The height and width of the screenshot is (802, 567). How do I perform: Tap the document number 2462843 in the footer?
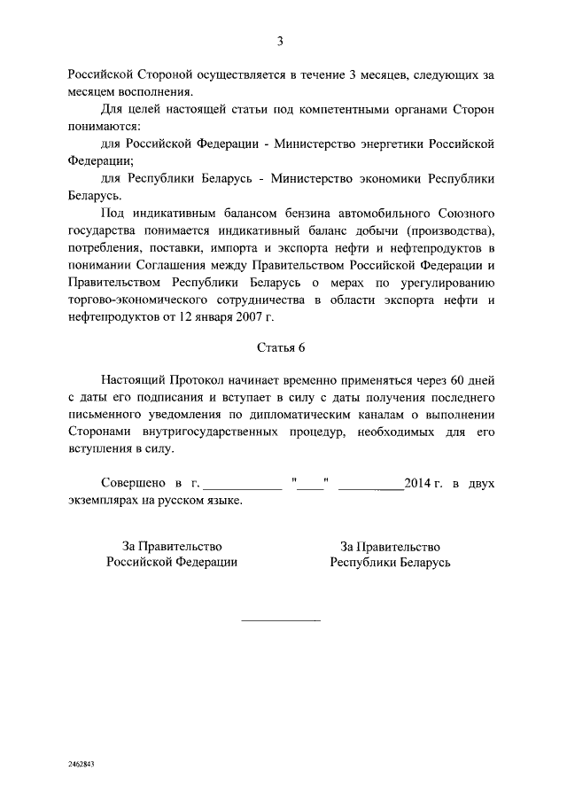(x=82, y=763)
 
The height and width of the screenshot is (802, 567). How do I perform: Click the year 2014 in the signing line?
(x=416, y=483)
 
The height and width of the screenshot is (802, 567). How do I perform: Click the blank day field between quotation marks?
(x=310, y=485)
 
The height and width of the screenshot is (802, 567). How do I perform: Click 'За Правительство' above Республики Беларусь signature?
(x=390, y=546)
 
